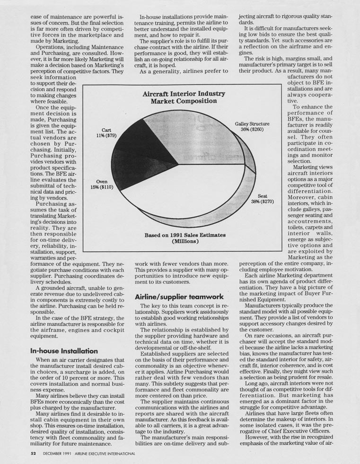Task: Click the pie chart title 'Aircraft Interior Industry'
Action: point(184,94)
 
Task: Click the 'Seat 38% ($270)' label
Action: point(262,198)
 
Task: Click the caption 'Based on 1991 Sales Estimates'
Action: point(184,235)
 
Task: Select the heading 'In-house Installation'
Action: point(64,351)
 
